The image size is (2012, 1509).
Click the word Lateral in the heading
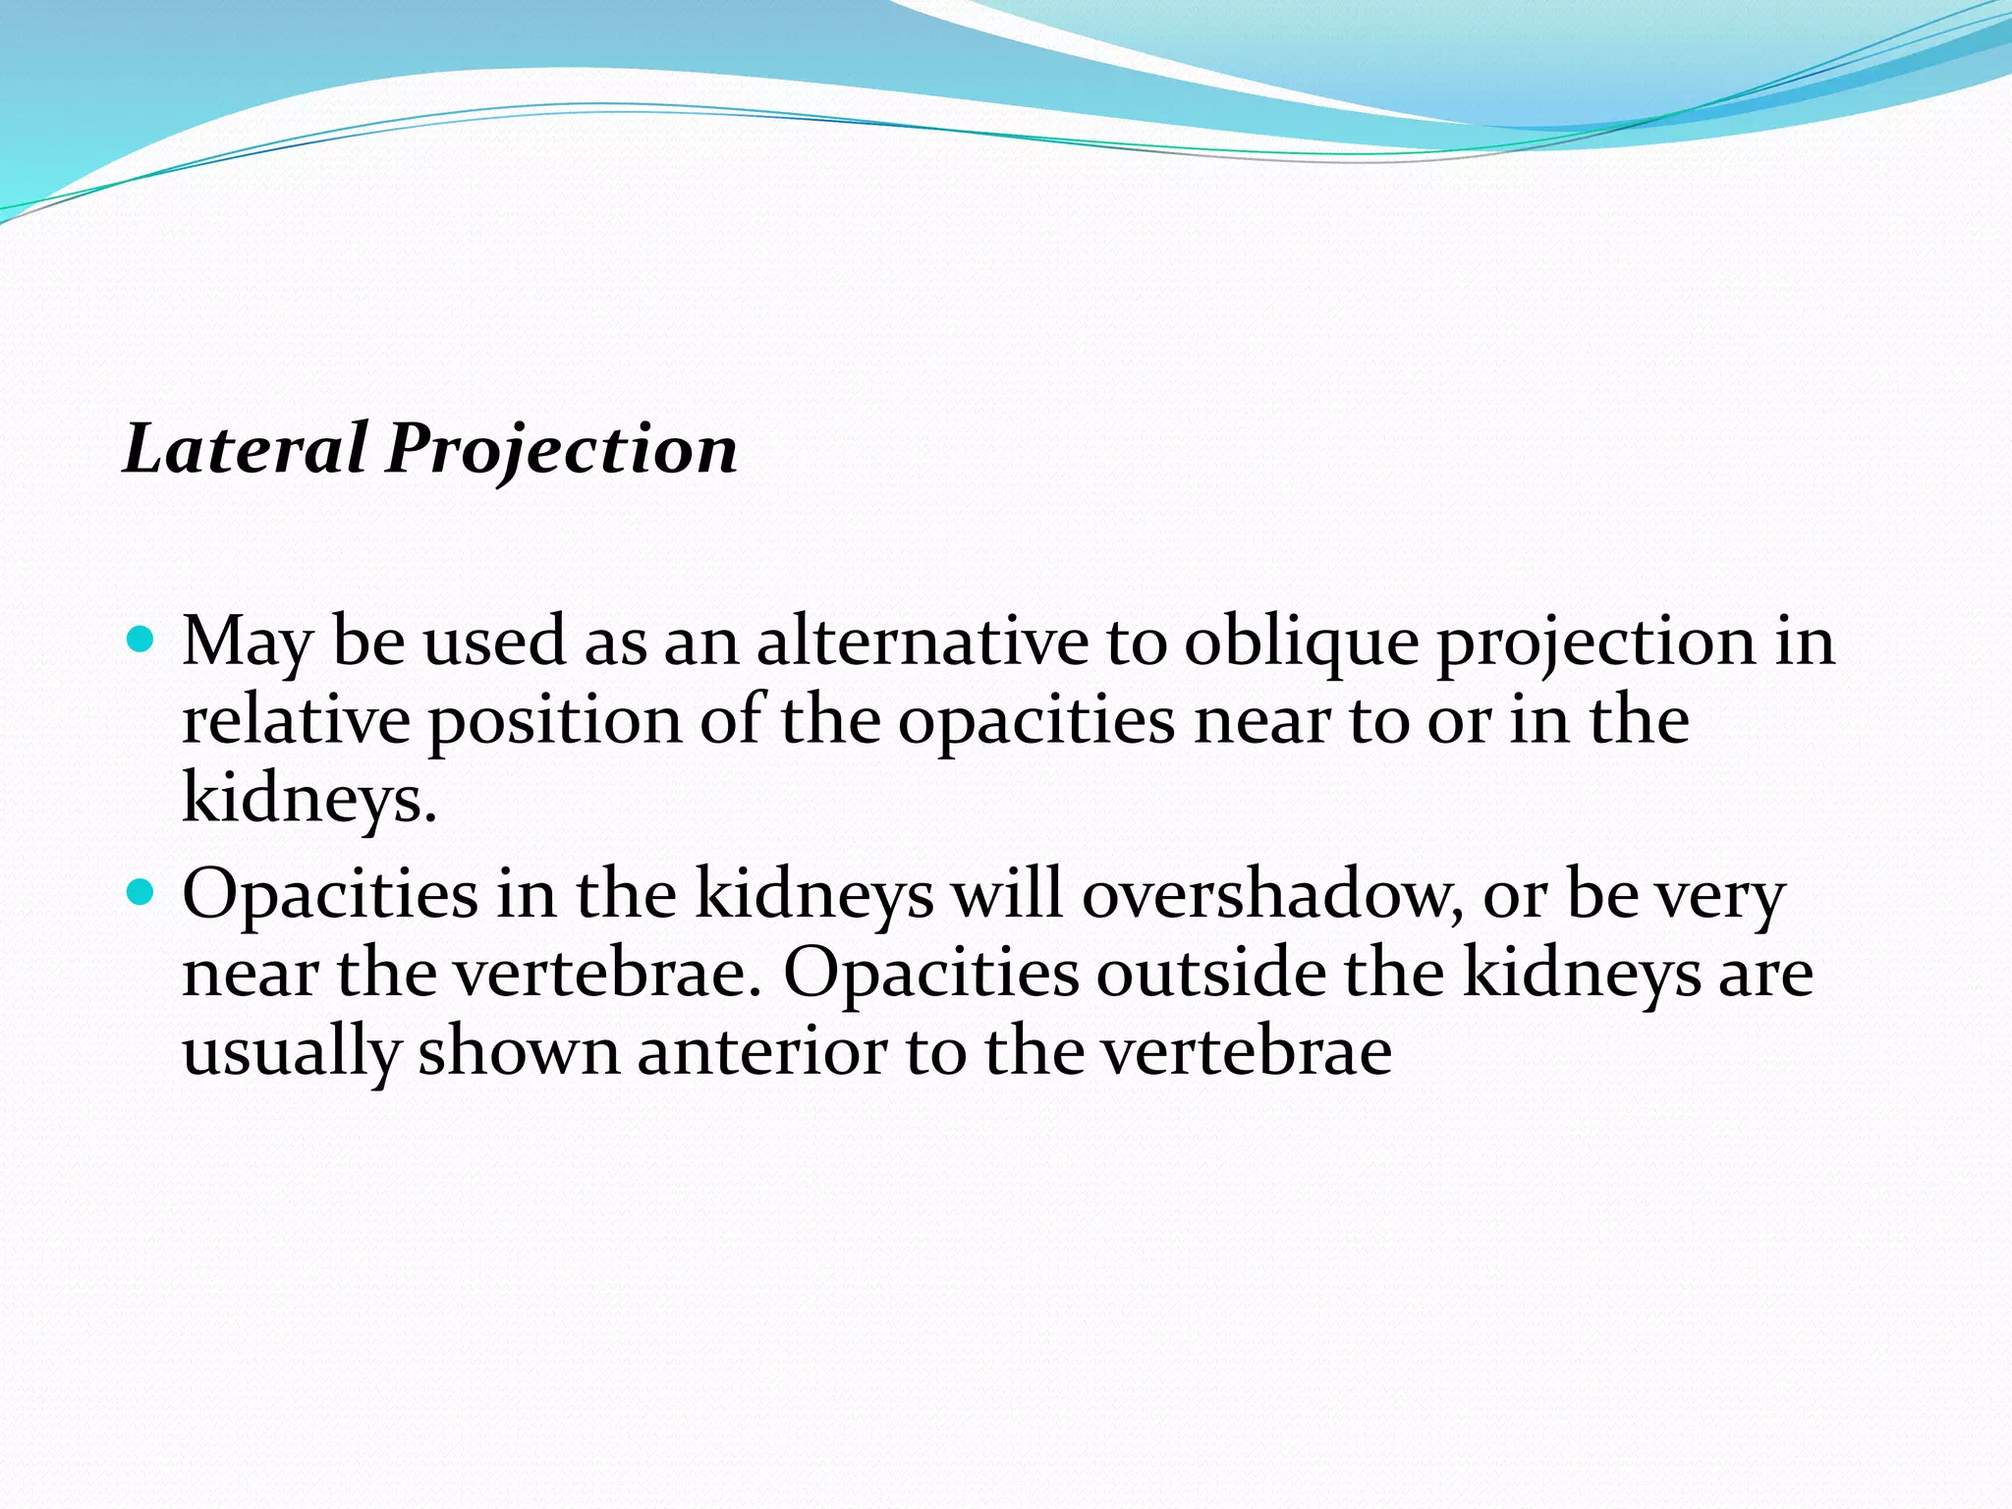[246, 448]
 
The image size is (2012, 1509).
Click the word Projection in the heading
[561, 450]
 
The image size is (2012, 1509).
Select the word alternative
[922, 642]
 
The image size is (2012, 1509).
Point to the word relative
[296, 720]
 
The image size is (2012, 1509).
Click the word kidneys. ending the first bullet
[308, 798]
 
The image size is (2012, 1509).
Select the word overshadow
[1267, 894]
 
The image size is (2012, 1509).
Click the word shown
[519, 1050]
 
